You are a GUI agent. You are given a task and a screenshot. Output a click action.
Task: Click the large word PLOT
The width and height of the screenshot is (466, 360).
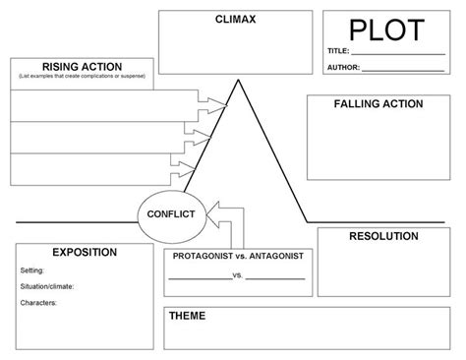(x=390, y=29)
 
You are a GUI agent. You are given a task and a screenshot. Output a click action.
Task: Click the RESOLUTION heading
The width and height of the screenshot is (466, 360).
(x=382, y=236)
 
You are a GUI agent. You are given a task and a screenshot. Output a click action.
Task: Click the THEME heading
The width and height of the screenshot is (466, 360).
(x=187, y=316)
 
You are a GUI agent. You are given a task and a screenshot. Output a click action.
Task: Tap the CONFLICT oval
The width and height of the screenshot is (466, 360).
(x=170, y=213)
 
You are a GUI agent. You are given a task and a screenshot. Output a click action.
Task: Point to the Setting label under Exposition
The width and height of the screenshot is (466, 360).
(x=32, y=269)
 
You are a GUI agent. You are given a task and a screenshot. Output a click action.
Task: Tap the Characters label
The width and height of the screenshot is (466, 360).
(x=38, y=302)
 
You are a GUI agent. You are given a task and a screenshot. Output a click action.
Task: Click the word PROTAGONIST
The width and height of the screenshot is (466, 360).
(x=203, y=256)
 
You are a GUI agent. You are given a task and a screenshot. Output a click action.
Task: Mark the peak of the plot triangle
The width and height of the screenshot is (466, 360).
(x=236, y=81)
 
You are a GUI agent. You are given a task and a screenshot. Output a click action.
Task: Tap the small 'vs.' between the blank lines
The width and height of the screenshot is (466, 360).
(x=237, y=275)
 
